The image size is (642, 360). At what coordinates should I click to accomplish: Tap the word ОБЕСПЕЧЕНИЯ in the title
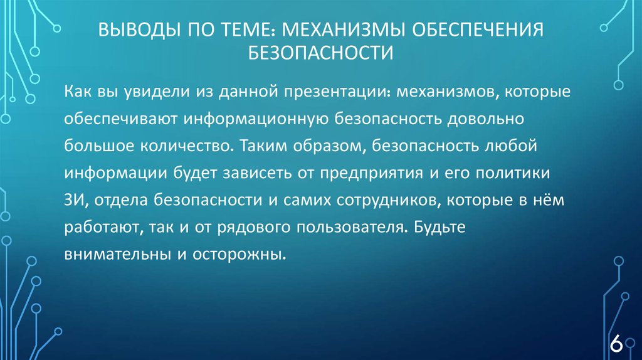480,30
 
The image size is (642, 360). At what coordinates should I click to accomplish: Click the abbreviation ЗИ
73,200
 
